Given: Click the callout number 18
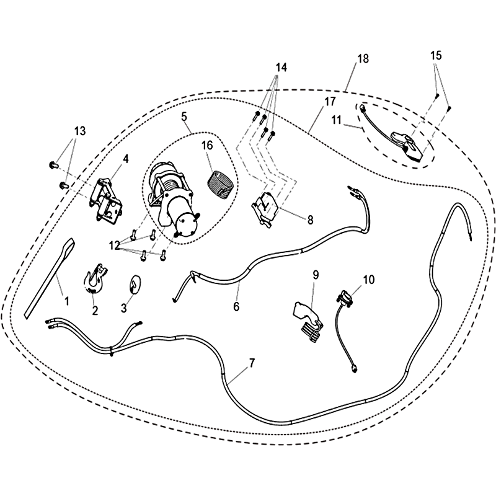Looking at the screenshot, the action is click(363, 59).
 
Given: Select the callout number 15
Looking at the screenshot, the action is click(436, 55).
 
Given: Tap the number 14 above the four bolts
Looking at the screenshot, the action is click(281, 68).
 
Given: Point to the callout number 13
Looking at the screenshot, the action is click(80, 131).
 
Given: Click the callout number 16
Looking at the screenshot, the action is click(207, 146).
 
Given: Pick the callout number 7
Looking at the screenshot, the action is click(252, 363).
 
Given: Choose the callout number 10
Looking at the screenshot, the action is click(368, 280).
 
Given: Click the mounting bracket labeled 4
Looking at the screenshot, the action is click(105, 200).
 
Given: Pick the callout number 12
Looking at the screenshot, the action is click(115, 246).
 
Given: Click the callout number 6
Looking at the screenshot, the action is click(236, 306).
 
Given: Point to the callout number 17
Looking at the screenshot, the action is click(329, 102).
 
